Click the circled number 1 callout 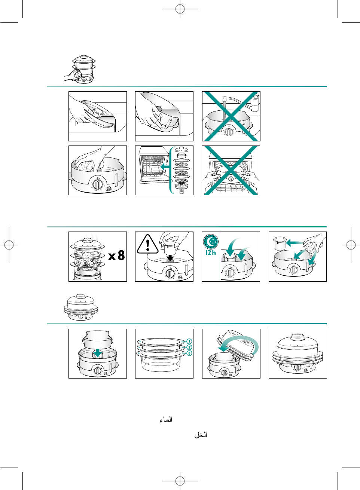coord(189,341)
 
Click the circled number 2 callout coord(189,347)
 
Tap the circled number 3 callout coord(189,353)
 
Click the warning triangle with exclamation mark coord(148,244)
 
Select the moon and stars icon coord(211,242)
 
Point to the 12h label coord(211,252)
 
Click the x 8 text coord(117,255)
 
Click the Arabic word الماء coord(166,420)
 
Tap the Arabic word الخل coord(201,435)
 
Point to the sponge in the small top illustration coord(77,74)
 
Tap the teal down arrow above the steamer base coord(97,353)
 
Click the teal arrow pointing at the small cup coord(295,243)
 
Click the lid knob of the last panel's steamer coord(297,337)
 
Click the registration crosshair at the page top coord(180,9)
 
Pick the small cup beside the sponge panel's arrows coord(280,243)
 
